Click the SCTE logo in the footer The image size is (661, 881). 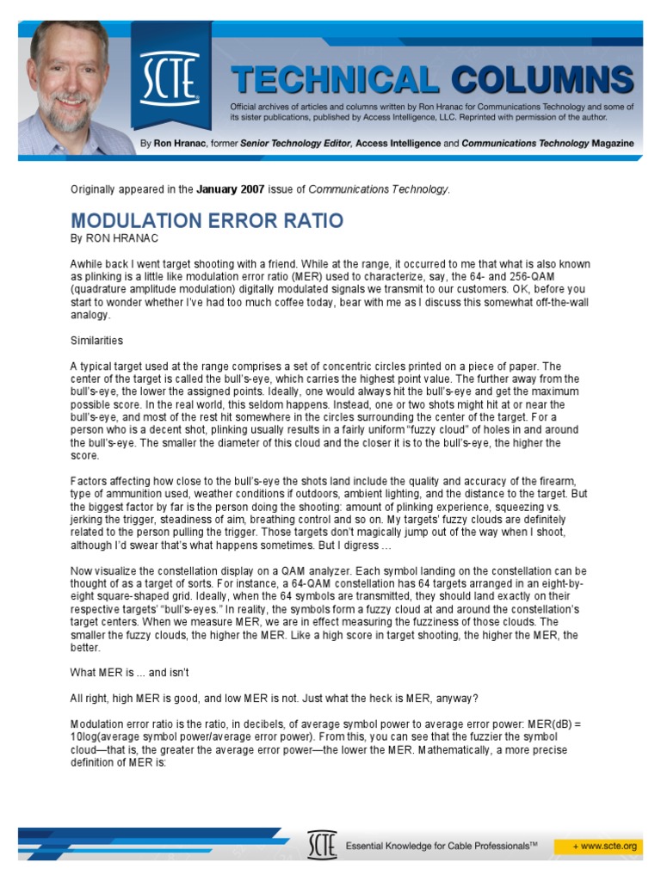tap(321, 846)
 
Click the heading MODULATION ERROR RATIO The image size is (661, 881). tap(207, 220)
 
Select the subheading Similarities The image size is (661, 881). tap(96, 340)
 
